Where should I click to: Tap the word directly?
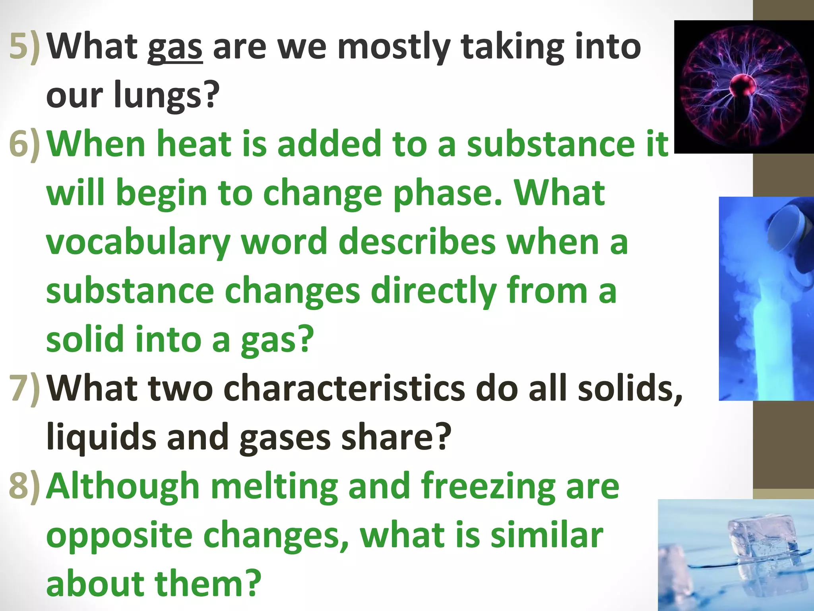(433, 291)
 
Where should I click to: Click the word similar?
(547, 535)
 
